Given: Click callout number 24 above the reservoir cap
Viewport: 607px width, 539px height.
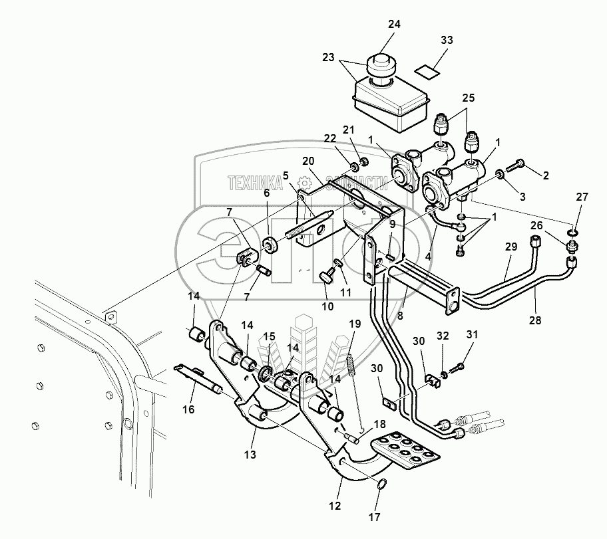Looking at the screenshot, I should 394,25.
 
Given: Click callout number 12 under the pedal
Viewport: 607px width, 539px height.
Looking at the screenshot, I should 334,505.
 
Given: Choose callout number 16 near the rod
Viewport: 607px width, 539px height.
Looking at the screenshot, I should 188,409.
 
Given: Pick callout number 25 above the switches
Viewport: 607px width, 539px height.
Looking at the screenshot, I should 469,98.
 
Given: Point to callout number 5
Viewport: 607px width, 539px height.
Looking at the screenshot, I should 285,176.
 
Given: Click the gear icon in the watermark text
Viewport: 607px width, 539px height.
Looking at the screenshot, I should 304,181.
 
